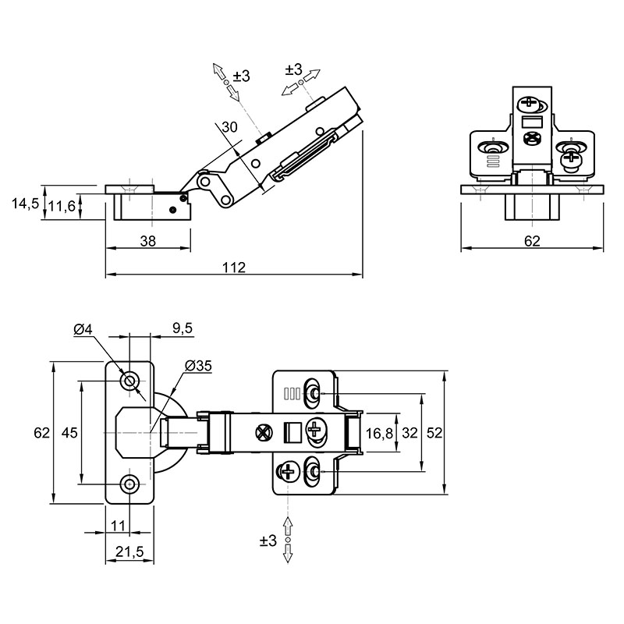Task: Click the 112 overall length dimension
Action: point(234,267)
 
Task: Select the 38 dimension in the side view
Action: point(148,241)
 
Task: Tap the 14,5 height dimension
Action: point(26,204)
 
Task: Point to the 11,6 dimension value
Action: point(62,206)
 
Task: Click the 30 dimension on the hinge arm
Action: point(229,127)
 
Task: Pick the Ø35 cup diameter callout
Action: point(199,365)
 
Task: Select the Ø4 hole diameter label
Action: point(83,329)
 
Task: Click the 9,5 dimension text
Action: point(183,328)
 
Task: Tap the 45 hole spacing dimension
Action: point(69,433)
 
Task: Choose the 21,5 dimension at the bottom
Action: point(129,551)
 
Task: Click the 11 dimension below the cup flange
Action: point(119,526)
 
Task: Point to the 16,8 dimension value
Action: point(379,433)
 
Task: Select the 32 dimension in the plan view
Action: point(409,433)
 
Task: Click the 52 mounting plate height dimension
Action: point(434,433)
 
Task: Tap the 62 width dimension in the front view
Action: point(532,241)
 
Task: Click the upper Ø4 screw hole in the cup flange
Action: point(129,381)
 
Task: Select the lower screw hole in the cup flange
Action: point(129,484)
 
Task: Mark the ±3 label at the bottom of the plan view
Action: point(268,541)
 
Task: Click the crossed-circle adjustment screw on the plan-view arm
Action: point(263,433)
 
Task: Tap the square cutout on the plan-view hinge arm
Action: point(292,433)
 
